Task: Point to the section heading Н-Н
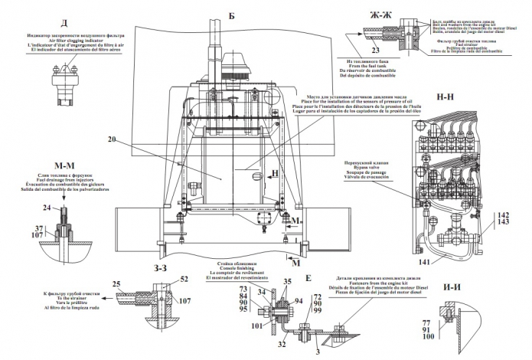[446, 98]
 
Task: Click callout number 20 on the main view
[113, 139]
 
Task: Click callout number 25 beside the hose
[117, 284]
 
